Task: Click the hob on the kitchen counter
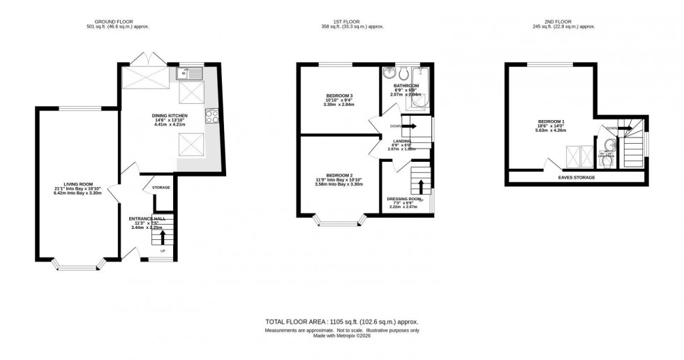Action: (211, 115)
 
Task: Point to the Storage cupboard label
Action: (162, 187)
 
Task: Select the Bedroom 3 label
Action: (340, 98)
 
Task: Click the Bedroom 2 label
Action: (340, 179)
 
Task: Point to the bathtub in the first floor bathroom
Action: (419, 91)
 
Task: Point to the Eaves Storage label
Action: (576, 177)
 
